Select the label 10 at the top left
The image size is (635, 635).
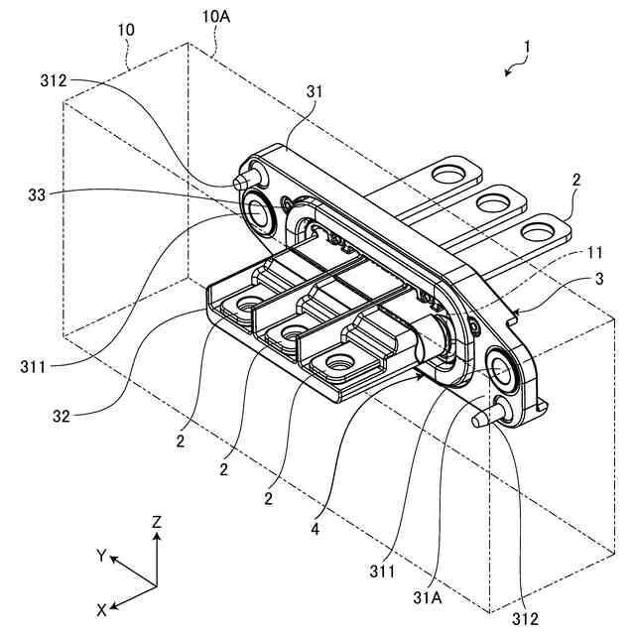coord(127,31)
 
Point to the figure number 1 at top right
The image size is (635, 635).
coord(529,47)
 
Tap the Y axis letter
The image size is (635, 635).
coord(101,556)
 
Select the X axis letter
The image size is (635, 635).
coord(102,607)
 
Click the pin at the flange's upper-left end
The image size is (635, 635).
coord(241,182)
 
